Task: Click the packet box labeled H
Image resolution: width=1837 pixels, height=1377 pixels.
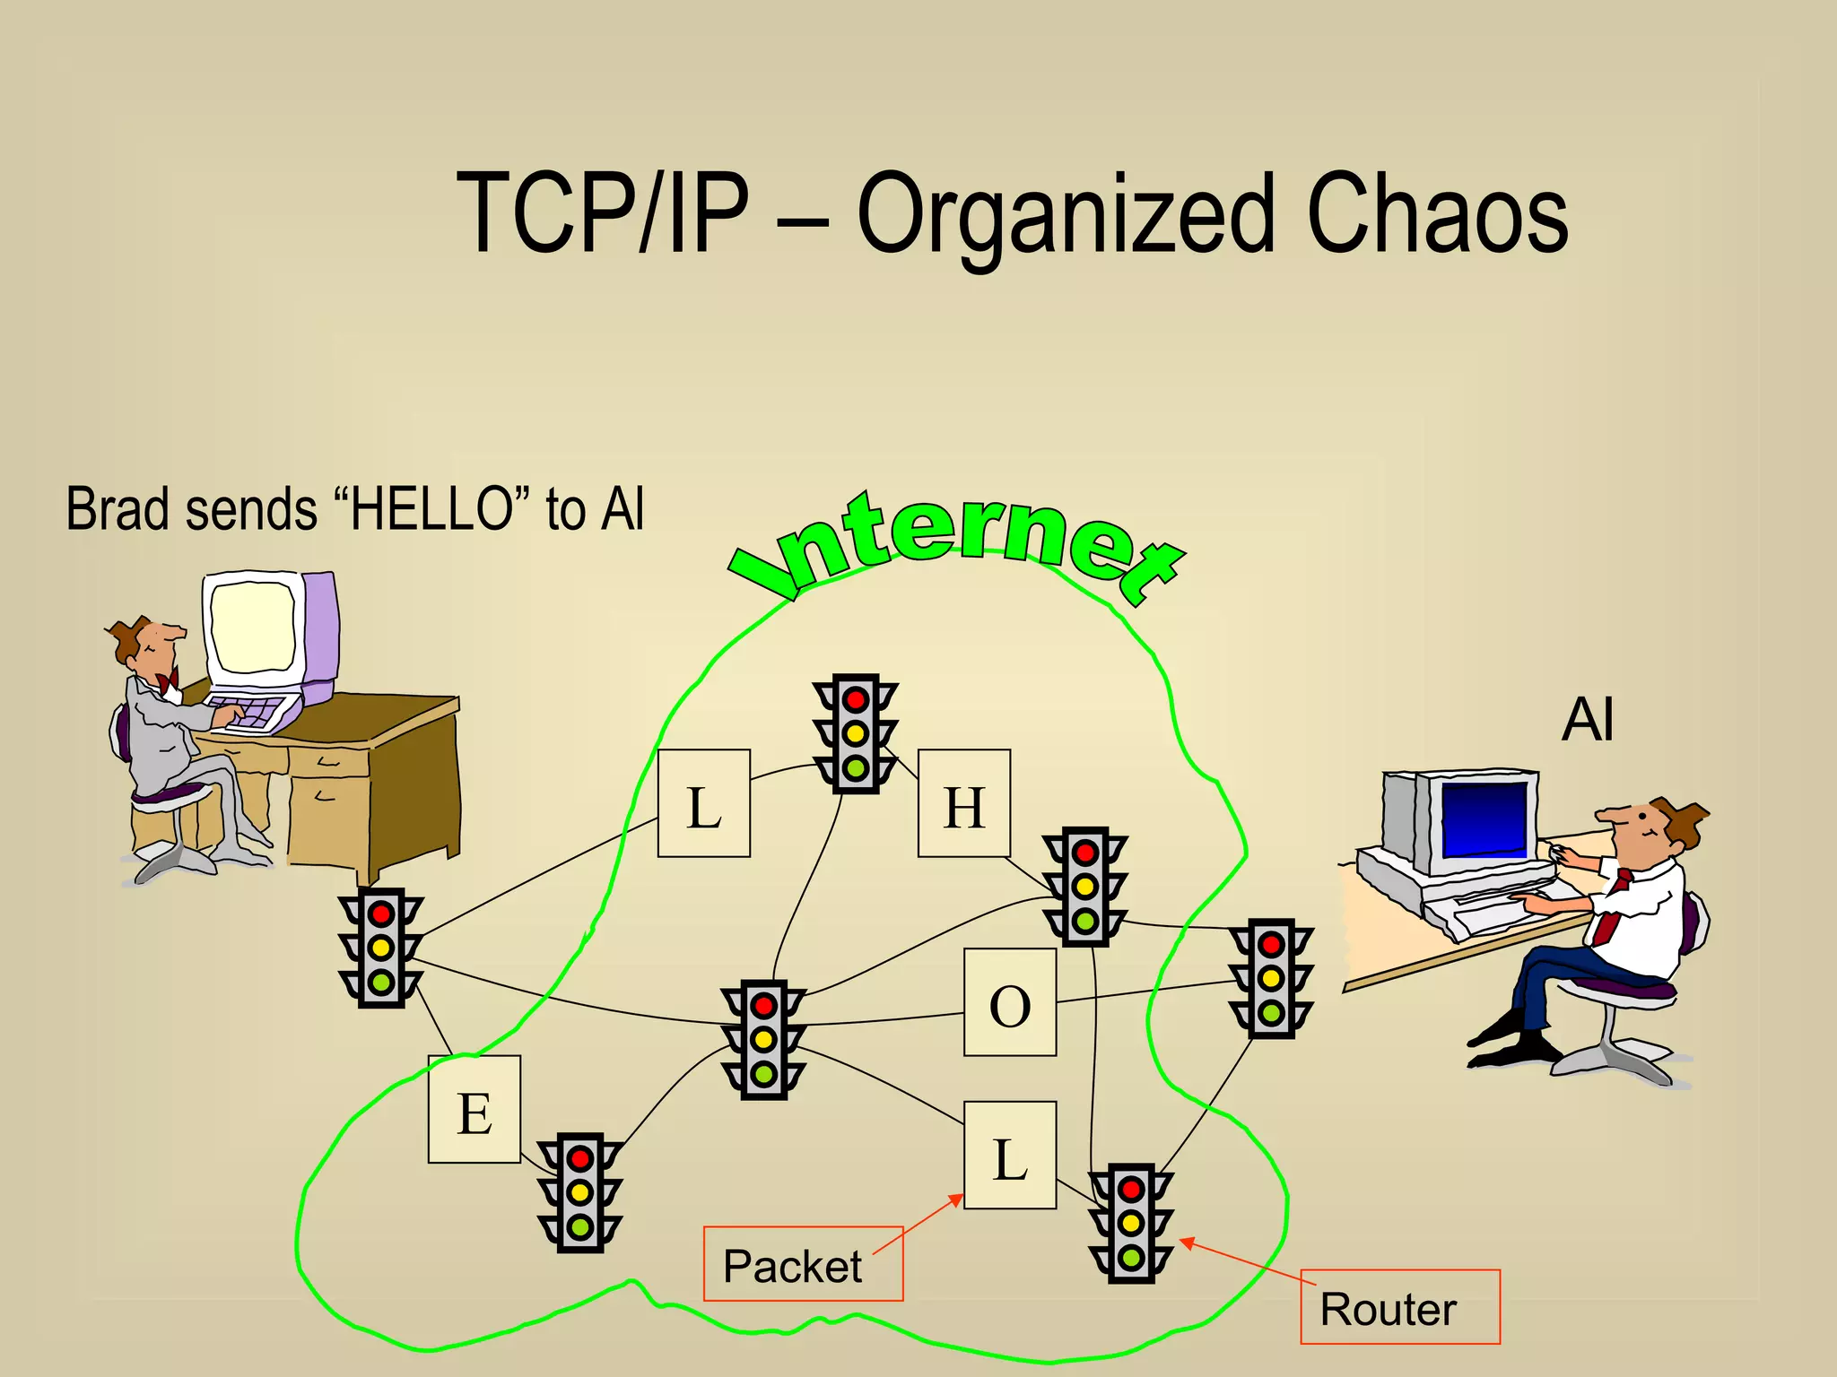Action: coord(964,803)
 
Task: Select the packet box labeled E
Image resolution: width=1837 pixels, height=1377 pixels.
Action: coord(474,1109)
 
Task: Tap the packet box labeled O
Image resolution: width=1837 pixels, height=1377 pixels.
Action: coord(1010,1002)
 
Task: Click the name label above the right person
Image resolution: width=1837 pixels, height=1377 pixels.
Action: coord(1588,720)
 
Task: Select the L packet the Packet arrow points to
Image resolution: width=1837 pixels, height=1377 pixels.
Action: coord(1010,1156)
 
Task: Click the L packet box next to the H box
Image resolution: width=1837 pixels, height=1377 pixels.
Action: coord(704,803)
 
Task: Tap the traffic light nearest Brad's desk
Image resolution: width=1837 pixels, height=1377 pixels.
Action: coord(381,948)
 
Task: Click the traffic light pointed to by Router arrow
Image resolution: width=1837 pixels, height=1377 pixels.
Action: coord(1131,1223)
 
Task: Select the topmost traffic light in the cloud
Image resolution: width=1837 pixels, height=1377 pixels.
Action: coord(856,733)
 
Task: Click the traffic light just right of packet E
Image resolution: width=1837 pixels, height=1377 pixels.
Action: coord(580,1192)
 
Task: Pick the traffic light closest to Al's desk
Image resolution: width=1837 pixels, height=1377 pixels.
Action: coord(1271,978)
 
